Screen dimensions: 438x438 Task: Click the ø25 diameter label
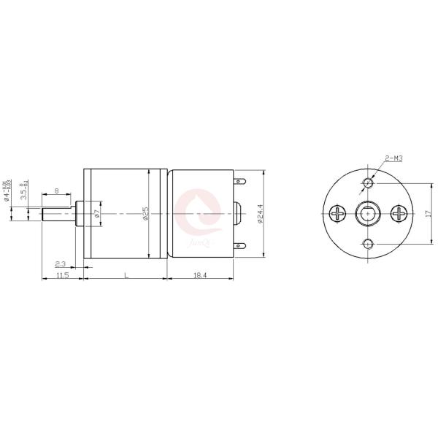coord(146,213)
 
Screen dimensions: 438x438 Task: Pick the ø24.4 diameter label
coord(261,212)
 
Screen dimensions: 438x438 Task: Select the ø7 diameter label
coord(96,213)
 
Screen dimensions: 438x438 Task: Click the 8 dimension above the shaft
coord(57,191)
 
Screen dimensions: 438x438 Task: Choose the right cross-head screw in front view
coord(399,213)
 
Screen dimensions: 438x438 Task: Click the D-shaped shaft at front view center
coord(367,213)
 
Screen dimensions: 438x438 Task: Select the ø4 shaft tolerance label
coord(7,196)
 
